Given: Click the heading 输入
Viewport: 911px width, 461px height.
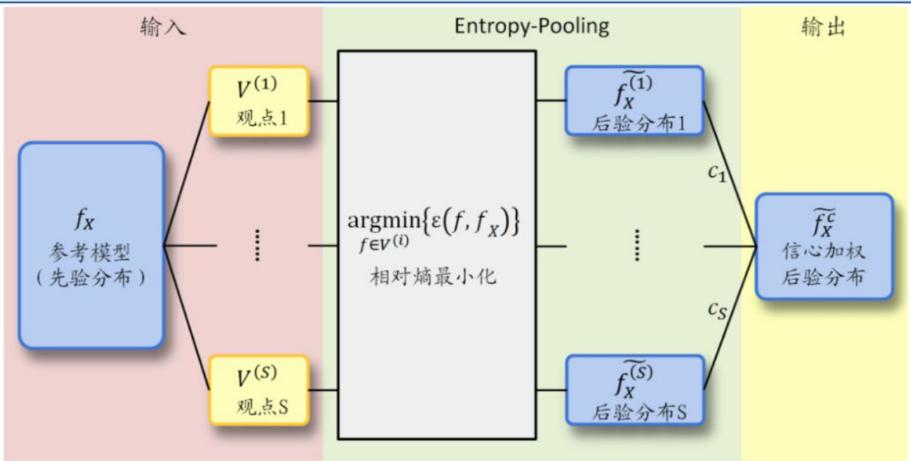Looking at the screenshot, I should tap(162, 27).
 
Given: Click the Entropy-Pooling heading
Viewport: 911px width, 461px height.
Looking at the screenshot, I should tap(532, 27).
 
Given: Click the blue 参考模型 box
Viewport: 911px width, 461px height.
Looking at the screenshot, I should tap(92, 245).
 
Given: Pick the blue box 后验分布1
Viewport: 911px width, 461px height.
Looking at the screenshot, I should tap(634, 100).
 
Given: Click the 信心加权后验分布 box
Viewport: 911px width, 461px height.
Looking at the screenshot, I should tap(823, 246).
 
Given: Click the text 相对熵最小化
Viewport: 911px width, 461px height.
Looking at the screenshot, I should tap(433, 276).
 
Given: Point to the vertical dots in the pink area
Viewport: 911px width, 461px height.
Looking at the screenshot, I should tap(257, 245).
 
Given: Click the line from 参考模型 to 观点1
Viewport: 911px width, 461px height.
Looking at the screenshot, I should tap(187, 173).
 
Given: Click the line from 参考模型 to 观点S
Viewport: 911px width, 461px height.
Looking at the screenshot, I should tap(187, 317).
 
